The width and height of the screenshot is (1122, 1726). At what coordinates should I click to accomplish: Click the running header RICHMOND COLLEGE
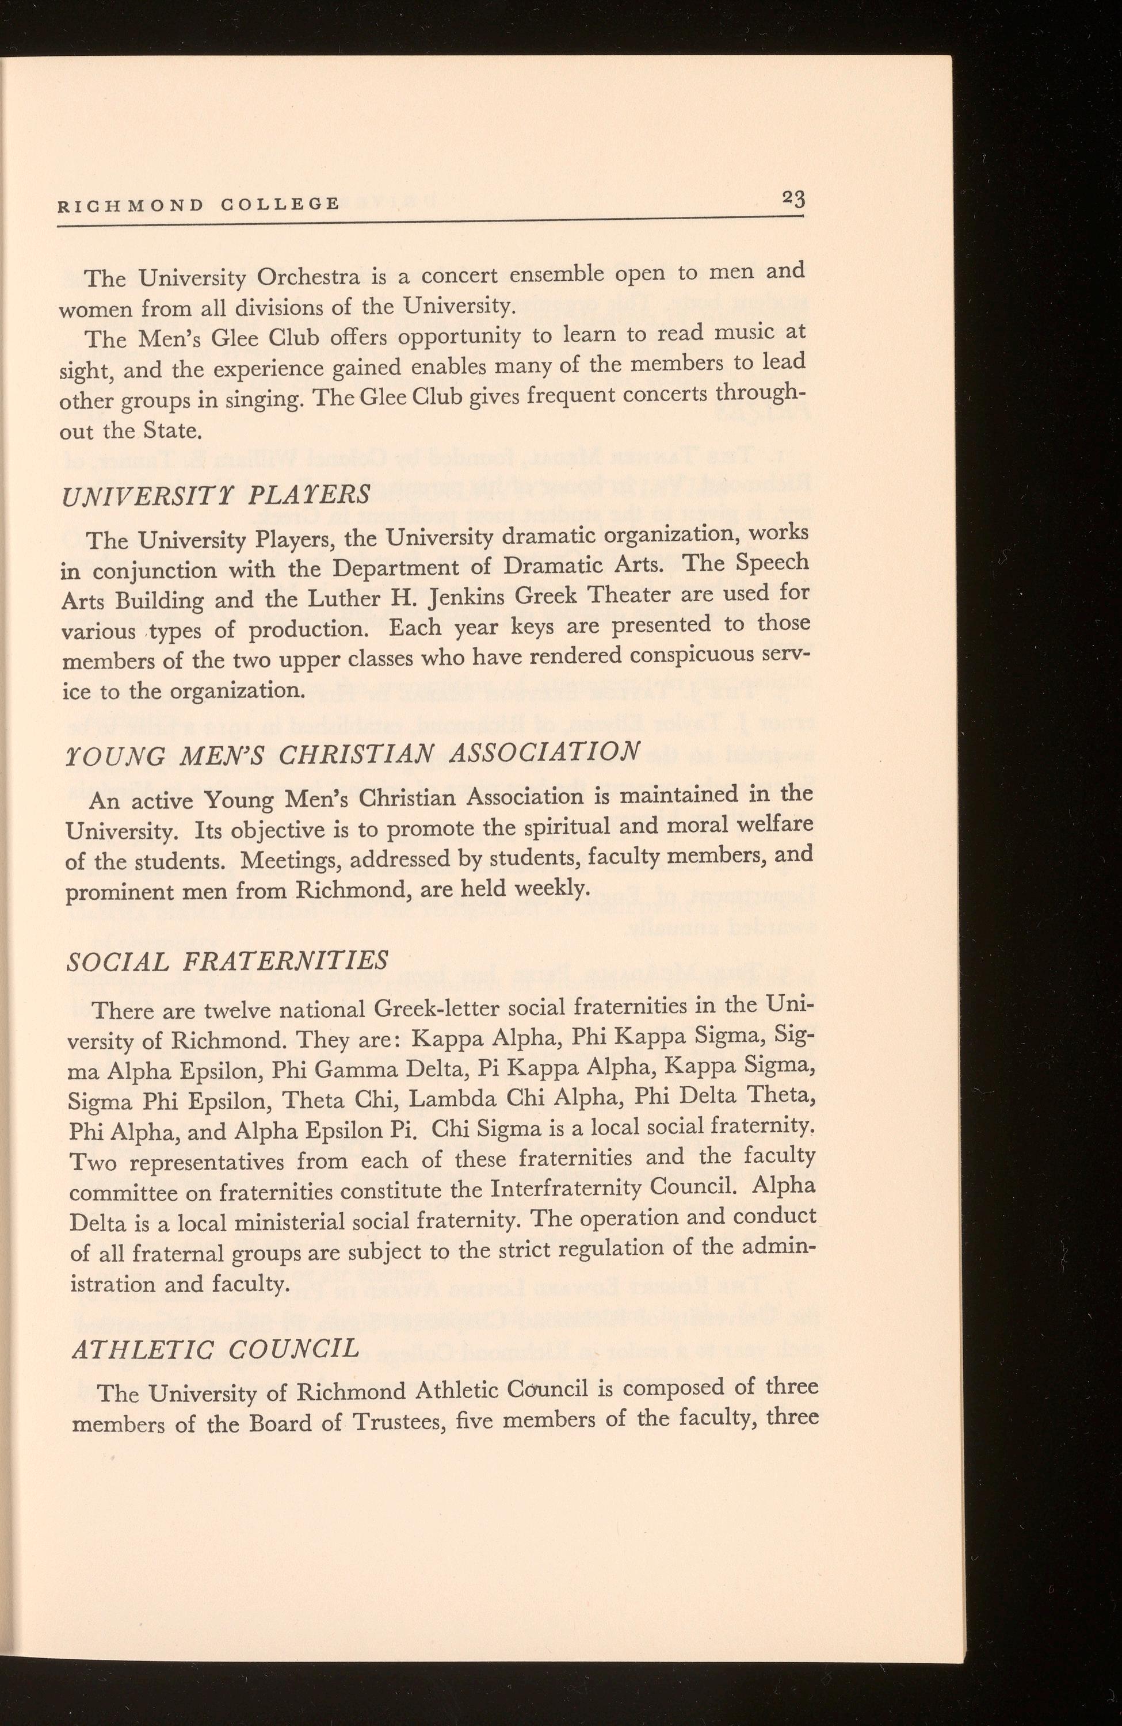(199, 204)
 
